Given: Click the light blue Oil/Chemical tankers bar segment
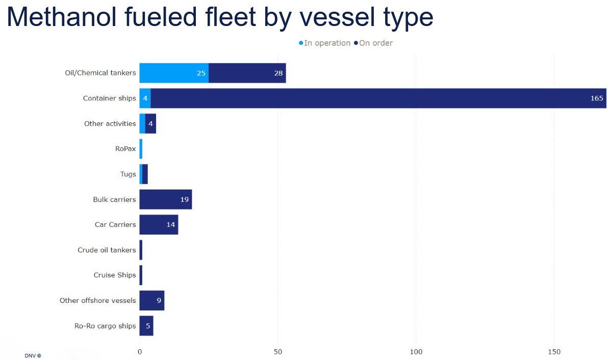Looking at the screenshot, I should click(173, 73).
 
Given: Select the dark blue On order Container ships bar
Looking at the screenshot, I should click(377, 98).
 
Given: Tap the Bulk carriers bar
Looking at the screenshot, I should click(165, 199).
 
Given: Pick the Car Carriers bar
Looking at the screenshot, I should click(159, 224).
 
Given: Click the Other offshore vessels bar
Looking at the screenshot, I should click(151, 300).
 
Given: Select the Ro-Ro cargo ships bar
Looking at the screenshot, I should click(146, 326).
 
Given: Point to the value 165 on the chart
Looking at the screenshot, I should click(596, 98).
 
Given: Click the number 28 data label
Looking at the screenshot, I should click(278, 73).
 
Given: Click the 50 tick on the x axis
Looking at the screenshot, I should click(278, 352).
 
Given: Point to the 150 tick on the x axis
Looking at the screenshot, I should click(554, 352).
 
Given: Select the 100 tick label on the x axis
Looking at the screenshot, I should click(416, 352).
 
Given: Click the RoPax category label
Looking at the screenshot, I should click(125, 149).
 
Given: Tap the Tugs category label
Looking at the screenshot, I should click(128, 174).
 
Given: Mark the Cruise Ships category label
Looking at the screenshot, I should click(115, 275).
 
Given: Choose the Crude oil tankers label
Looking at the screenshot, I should click(107, 250).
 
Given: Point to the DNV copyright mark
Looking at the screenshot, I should click(33, 355).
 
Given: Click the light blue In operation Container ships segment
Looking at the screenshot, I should click(145, 98).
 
